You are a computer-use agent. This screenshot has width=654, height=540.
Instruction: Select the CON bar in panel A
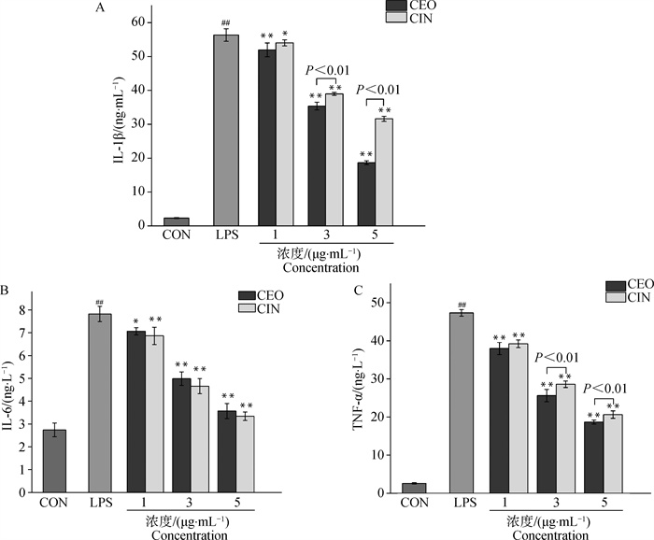coord(176,221)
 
